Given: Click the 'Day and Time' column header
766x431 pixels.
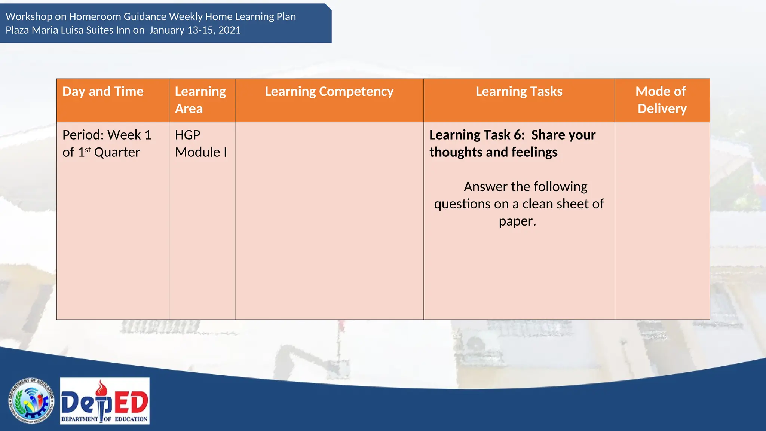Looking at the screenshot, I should (x=103, y=92).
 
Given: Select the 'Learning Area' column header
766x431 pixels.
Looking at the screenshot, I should (x=200, y=100).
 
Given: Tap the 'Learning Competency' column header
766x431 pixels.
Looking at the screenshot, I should (x=329, y=92).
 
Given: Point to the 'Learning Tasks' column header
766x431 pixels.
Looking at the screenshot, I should (x=519, y=92).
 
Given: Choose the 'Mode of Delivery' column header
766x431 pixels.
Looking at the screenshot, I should (x=662, y=100).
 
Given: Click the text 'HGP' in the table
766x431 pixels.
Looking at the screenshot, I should (x=188, y=135).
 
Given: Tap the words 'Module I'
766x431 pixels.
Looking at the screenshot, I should (x=201, y=152).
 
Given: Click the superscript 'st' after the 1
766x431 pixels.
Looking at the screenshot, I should (x=88, y=150).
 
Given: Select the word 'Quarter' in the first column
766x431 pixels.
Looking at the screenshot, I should (x=117, y=152).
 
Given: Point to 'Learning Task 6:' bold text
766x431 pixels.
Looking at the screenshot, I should (x=477, y=135).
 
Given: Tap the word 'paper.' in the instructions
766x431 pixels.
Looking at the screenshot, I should (x=517, y=221).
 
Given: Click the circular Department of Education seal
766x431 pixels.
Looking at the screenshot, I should (x=31, y=401).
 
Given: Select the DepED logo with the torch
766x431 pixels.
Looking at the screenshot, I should (x=105, y=401).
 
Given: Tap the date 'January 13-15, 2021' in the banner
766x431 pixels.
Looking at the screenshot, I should (x=195, y=30).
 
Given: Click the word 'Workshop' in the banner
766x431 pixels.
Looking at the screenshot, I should (x=29, y=17).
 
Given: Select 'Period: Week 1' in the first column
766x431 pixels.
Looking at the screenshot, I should (x=107, y=135).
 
